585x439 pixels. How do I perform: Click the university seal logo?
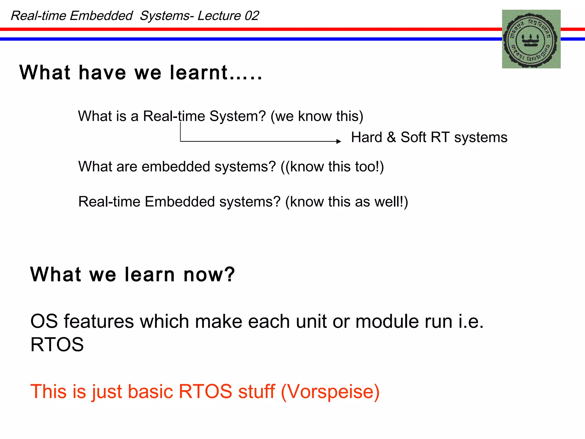tap(531, 39)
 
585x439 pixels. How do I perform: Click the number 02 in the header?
tap(252, 16)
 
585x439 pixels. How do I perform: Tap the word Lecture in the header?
tap(219, 16)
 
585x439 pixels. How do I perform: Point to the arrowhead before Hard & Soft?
tap(339, 141)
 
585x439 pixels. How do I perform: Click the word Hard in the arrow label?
tap(367, 137)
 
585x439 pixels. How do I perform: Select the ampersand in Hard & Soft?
tap(391, 137)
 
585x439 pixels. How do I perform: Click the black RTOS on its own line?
tap(57, 344)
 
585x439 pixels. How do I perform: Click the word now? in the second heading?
tap(209, 274)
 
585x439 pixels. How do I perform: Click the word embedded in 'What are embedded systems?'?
tap(176, 166)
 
